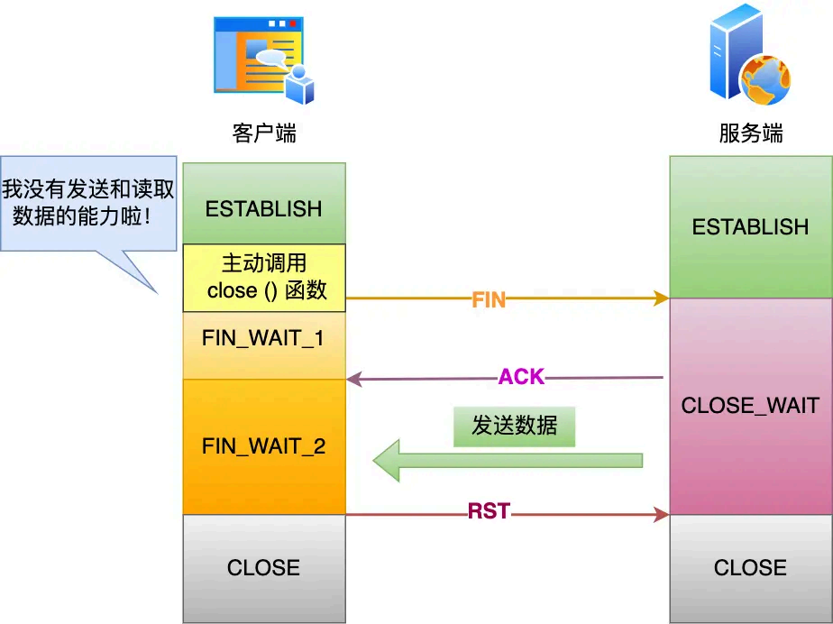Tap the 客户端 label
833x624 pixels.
tap(264, 133)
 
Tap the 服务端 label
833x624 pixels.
tap(750, 133)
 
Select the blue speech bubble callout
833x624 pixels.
tap(88, 203)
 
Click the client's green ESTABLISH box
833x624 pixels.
tap(263, 208)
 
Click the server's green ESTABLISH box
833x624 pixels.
tap(750, 226)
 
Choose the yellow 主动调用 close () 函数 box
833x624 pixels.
tap(264, 277)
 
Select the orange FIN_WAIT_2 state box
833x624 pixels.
tap(263, 446)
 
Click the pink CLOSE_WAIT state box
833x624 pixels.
tap(750, 406)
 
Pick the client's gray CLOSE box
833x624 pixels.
tap(263, 567)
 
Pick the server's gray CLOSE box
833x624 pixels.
tap(750, 567)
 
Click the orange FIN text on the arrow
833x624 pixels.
tap(489, 300)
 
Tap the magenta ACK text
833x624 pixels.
tap(521, 377)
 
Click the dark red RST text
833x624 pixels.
tap(489, 512)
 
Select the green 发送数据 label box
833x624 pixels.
tap(514, 426)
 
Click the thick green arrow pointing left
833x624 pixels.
tap(509, 461)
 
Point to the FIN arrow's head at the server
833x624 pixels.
tap(663, 298)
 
